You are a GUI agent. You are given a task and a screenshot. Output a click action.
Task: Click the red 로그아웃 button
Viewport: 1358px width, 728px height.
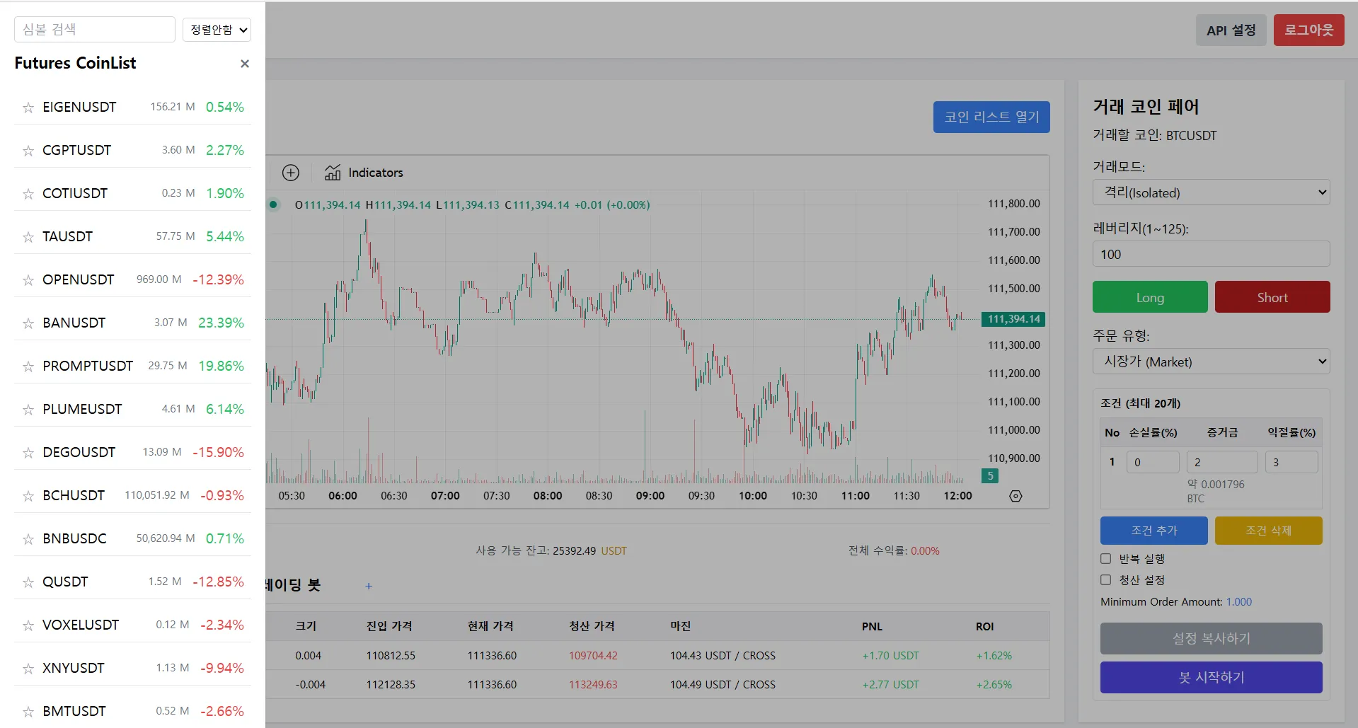(x=1308, y=30)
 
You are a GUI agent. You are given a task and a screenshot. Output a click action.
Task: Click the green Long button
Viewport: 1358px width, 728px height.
(x=1150, y=297)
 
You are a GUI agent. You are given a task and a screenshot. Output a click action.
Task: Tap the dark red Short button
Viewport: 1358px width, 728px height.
(x=1272, y=297)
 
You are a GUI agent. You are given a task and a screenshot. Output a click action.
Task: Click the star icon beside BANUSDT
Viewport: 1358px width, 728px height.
(x=28, y=323)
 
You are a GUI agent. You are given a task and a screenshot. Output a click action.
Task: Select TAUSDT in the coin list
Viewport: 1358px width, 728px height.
(x=67, y=236)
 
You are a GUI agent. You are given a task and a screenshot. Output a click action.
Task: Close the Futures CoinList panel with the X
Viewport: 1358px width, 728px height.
(x=245, y=64)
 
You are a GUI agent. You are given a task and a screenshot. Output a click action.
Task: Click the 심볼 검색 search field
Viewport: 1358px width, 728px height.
(x=95, y=30)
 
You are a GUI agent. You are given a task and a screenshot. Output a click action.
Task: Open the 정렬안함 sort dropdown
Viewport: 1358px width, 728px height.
(x=217, y=30)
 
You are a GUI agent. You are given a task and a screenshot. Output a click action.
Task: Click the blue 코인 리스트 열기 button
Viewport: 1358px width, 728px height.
(x=991, y=117)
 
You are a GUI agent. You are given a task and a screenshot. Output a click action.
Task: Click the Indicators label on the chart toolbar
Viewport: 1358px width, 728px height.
(x=376, y=173)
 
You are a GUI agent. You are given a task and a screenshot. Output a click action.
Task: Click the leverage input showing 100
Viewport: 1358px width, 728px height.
(x=1211, y=254)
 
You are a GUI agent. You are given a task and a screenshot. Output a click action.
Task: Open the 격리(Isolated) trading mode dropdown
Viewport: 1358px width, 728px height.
(x=1211, y=192)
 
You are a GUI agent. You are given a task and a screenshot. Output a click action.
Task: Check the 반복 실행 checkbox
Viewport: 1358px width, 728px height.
(x=1106, y=559)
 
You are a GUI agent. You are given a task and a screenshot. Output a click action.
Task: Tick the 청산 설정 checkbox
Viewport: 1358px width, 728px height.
(x=1106, y=580)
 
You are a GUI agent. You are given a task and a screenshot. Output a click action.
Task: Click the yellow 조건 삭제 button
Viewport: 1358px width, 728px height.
(x=1268, y=531)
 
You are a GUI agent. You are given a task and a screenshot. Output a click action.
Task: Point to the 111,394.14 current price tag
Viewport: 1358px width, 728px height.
(x=1013, y=319)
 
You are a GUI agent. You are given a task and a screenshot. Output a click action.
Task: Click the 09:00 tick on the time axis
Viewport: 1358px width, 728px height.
(x=650, y=496)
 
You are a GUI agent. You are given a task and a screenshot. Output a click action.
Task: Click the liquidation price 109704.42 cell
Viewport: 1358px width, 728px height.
(x=593, y=656)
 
